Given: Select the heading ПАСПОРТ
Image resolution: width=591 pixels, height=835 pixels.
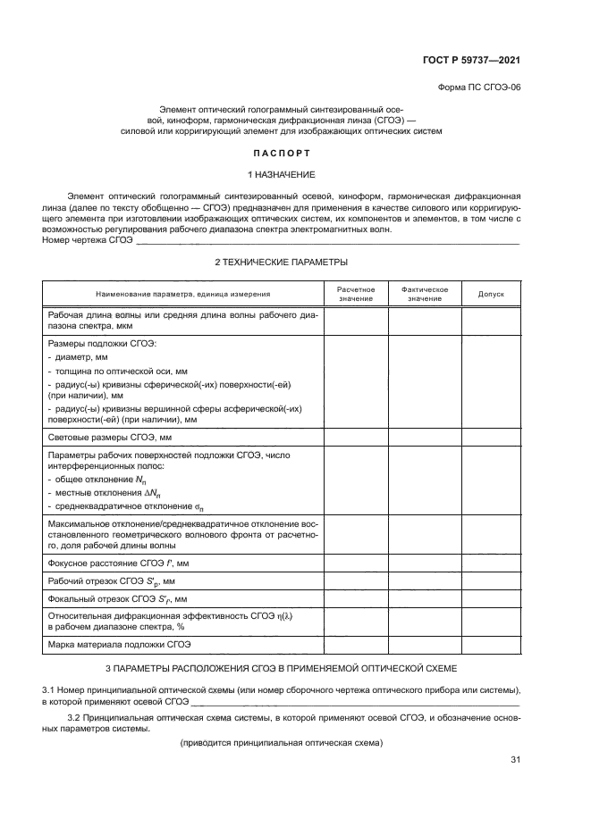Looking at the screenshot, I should pyautogui.click(x=281, y=153).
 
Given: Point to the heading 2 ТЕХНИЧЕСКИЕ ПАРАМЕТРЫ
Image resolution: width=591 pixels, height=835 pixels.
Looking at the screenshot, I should pyautogui.click(x=281, y=262).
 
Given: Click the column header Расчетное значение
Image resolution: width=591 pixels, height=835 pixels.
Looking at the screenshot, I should pyautogui.click(x=355, y=294).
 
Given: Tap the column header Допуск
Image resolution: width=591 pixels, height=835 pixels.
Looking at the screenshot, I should pyautogui.click(x=491, y=294).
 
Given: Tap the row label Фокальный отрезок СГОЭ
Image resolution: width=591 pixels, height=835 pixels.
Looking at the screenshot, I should pyautogui.click(x=110, y=599).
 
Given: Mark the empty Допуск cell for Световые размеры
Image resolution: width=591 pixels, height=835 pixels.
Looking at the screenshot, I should pyautogui.click(x=491, y=438).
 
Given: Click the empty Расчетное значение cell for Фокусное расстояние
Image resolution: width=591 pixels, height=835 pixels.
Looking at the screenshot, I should pyautogui.click(x=355, y=563).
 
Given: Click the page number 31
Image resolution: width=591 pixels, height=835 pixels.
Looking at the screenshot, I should pyautogui.click(x=514, y=760).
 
